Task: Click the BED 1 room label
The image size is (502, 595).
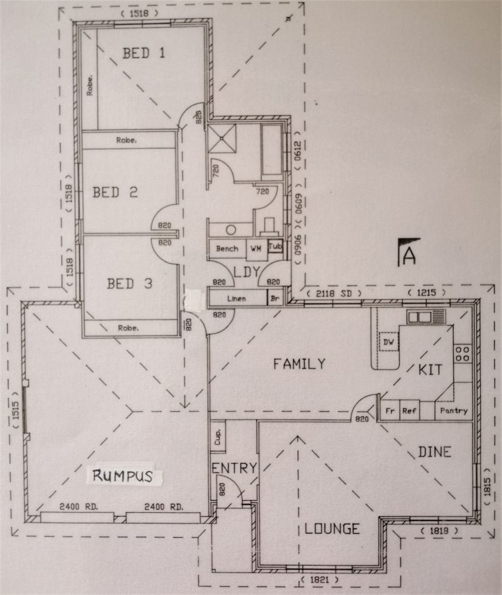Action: click(x=144, y=53)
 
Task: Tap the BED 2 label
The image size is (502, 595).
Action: click(x=115, y=192)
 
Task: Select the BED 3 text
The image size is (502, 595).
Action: click(x=129, y=284)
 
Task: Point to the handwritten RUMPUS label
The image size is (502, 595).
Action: click(x=122, y=476)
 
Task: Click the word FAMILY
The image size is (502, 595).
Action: click(x=299, y=364)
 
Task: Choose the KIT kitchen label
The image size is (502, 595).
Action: click(x=430, y=370)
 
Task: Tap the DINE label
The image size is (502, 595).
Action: click(x=434, y=452)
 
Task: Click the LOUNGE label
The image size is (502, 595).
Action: click(x=332, y=528)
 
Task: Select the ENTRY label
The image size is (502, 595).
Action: click(x=234, y=468)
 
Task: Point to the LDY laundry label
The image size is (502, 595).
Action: click(x=247, y=272)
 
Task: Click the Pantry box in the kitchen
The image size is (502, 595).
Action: click(x=454, y=410)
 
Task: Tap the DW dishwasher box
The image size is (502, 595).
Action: click(x=388, y=342)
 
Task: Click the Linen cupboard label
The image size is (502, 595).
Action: click(x=237, y=299)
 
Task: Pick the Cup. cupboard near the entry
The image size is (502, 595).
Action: click(x=218, y=436)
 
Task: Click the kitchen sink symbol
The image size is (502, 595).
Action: click(x=426, y=316)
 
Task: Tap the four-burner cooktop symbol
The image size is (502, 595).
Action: click(x=462, y=353)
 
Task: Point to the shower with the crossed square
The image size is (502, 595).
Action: click(x=222, y=139)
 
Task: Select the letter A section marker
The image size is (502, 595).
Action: click(x=409, y=256)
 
